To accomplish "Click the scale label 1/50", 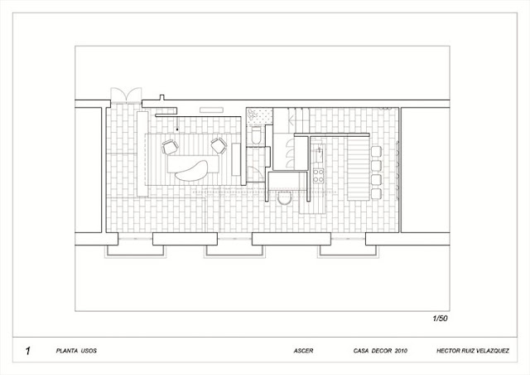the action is [440, 319].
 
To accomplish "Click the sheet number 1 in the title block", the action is [27, 351].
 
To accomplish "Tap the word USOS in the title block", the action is [89, 351].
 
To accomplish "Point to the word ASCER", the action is [303, 351].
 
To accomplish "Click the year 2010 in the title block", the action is [401, 351].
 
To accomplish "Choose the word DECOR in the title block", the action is [381, 351].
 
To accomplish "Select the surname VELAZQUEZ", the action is [491, 351].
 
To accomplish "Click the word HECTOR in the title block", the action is [447, 351].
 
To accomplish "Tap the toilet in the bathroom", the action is [256, 135].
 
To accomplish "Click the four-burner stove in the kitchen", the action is [318, 175].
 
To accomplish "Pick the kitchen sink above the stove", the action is [318, 155].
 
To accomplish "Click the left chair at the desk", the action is [170, 147].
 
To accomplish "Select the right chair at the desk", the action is [219, 146].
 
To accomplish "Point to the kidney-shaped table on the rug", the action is [191, 170].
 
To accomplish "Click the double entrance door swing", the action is [126, 95].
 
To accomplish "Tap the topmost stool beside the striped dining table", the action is [376, 152].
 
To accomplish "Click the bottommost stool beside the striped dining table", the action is [376, 194].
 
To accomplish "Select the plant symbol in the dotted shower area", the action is [252, 114].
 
